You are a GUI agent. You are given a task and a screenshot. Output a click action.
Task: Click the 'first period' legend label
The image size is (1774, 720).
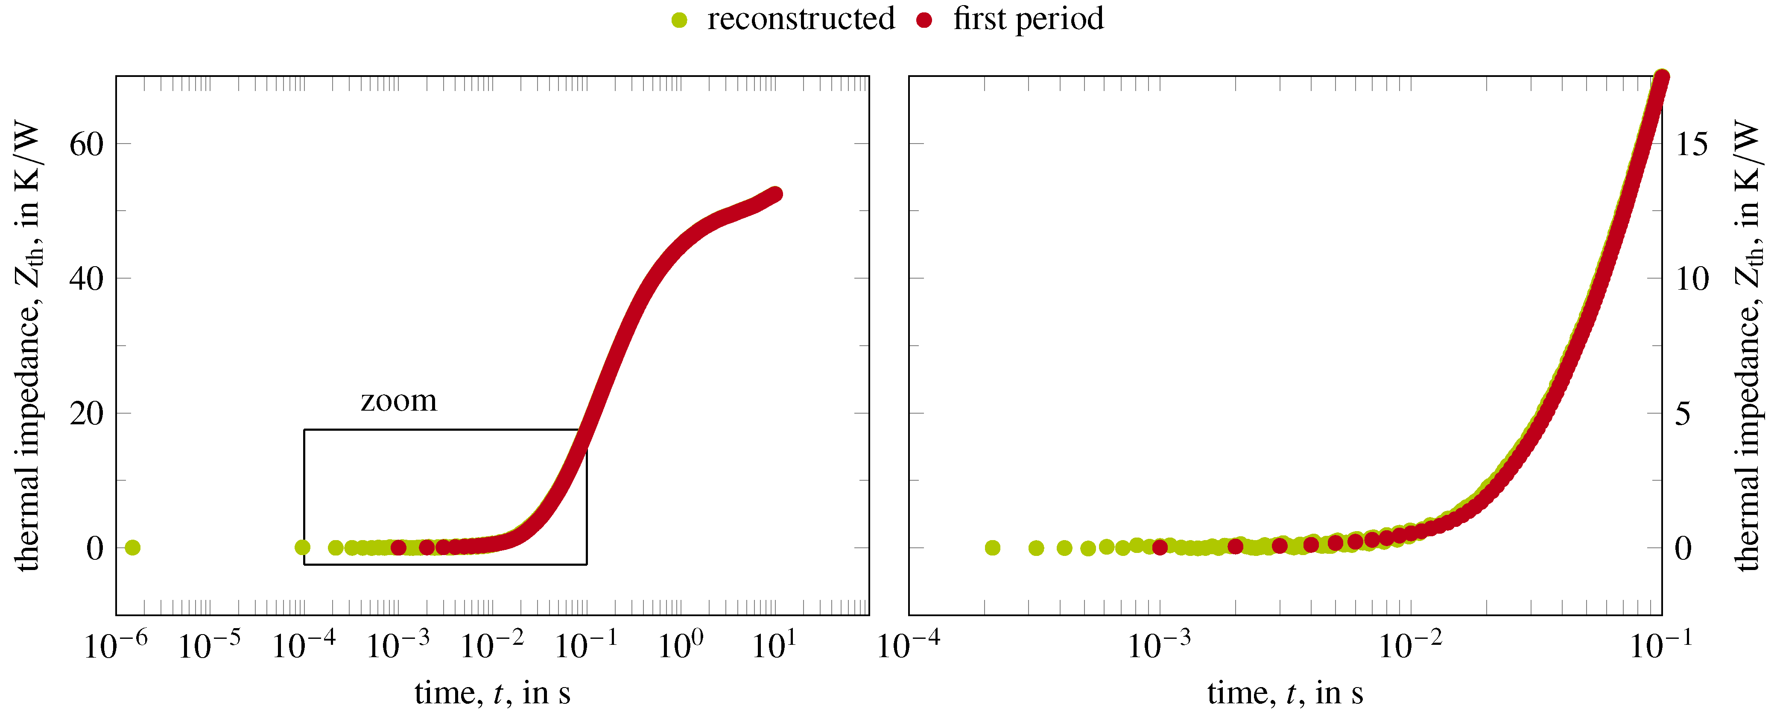tap(1028, 19)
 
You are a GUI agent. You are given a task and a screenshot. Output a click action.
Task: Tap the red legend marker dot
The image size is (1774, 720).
tap(924, 21)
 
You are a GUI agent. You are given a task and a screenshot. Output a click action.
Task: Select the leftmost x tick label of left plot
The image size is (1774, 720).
tap(115, 646)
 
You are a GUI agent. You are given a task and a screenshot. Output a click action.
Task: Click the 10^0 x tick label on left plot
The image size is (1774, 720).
tap(681, 646)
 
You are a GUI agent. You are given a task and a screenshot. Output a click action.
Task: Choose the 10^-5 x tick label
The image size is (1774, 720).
tap(209, 646)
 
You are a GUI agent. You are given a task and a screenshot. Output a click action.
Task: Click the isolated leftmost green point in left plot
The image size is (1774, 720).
tap(133, 548)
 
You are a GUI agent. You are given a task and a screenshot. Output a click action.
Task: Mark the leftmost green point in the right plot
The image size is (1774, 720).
tap(992, 548)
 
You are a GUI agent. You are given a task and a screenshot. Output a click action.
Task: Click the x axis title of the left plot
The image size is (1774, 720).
tap(492, 693)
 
